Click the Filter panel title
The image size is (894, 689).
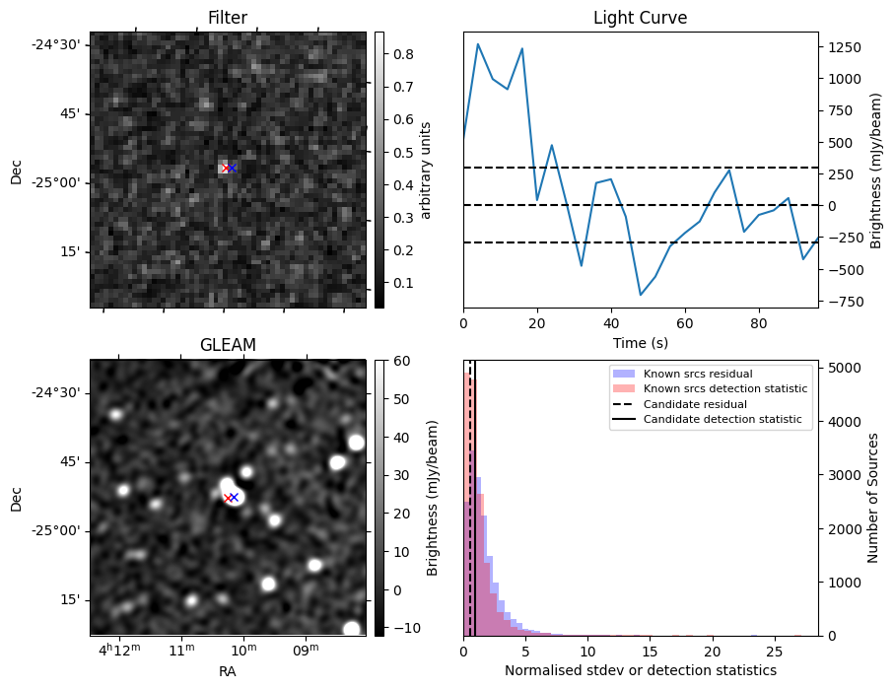coord(227,18)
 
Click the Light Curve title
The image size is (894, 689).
coord(640,18)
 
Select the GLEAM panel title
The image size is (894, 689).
coord(227,345)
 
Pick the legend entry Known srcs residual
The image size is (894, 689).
coord(697,374)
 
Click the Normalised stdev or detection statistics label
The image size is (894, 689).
coord(640,670)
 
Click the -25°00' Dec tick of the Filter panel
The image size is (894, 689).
coord(60,182)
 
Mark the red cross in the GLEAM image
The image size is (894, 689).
coord(228,498)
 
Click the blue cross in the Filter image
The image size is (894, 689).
coord(233,169)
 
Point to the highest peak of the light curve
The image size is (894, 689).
coord(478,43)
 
